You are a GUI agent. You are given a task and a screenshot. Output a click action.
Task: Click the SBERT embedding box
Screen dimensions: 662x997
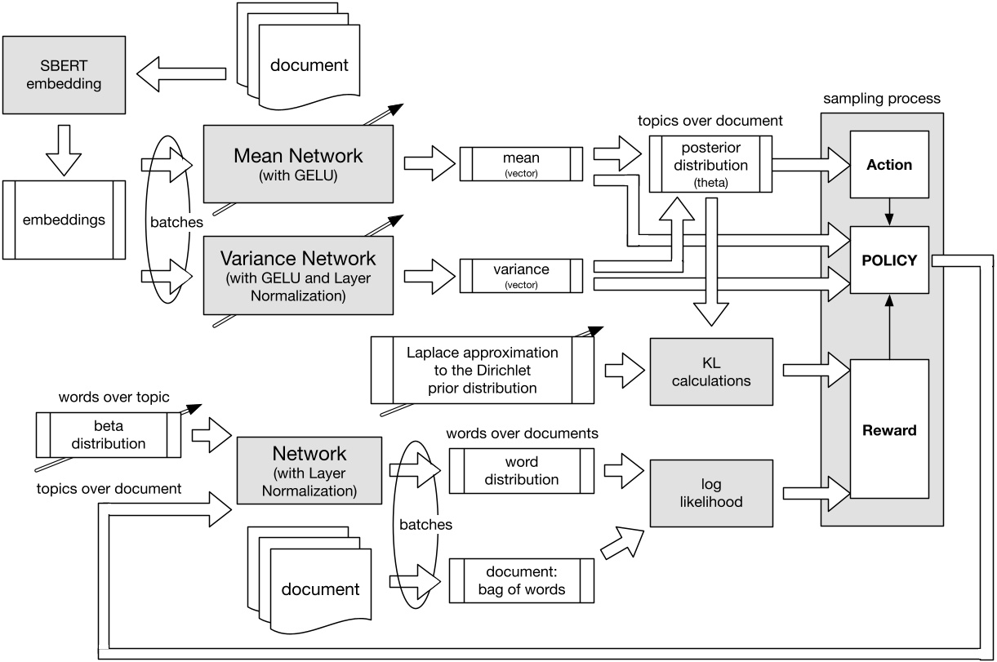(x=64, y=74)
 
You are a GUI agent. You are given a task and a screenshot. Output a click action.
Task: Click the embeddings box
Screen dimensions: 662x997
(x=64, y=220)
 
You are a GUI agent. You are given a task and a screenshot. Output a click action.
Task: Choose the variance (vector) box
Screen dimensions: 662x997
(x=521, y=276)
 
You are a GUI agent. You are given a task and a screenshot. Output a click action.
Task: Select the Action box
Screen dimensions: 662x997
(x=888, y=164)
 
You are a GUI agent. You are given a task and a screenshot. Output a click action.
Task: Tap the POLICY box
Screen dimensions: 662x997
(x=888, y=260)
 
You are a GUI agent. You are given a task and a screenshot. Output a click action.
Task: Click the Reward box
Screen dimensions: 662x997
(x=888, y=430)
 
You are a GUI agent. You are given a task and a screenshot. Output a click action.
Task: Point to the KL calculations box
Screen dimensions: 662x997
(x=710, y=371)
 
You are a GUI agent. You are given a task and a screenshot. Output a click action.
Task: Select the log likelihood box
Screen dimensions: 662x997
(x=710, y=493)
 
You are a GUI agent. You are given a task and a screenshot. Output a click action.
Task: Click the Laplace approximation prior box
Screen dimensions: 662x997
(x=482, y=370)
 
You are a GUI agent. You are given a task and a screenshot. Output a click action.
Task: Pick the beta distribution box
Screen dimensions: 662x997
(x=108, y=434)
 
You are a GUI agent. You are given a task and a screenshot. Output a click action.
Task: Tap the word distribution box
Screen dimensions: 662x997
(x=521, y=470)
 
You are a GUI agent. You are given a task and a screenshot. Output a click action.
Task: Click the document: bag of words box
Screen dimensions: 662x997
(x=521, y=580)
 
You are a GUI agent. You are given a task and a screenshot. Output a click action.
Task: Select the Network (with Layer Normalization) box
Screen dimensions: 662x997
(x=309, y=470)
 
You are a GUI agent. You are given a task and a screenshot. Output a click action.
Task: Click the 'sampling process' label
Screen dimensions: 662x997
(x=881, y=99)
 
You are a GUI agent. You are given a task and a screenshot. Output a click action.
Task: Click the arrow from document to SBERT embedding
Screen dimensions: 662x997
(x=180, y=74)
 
